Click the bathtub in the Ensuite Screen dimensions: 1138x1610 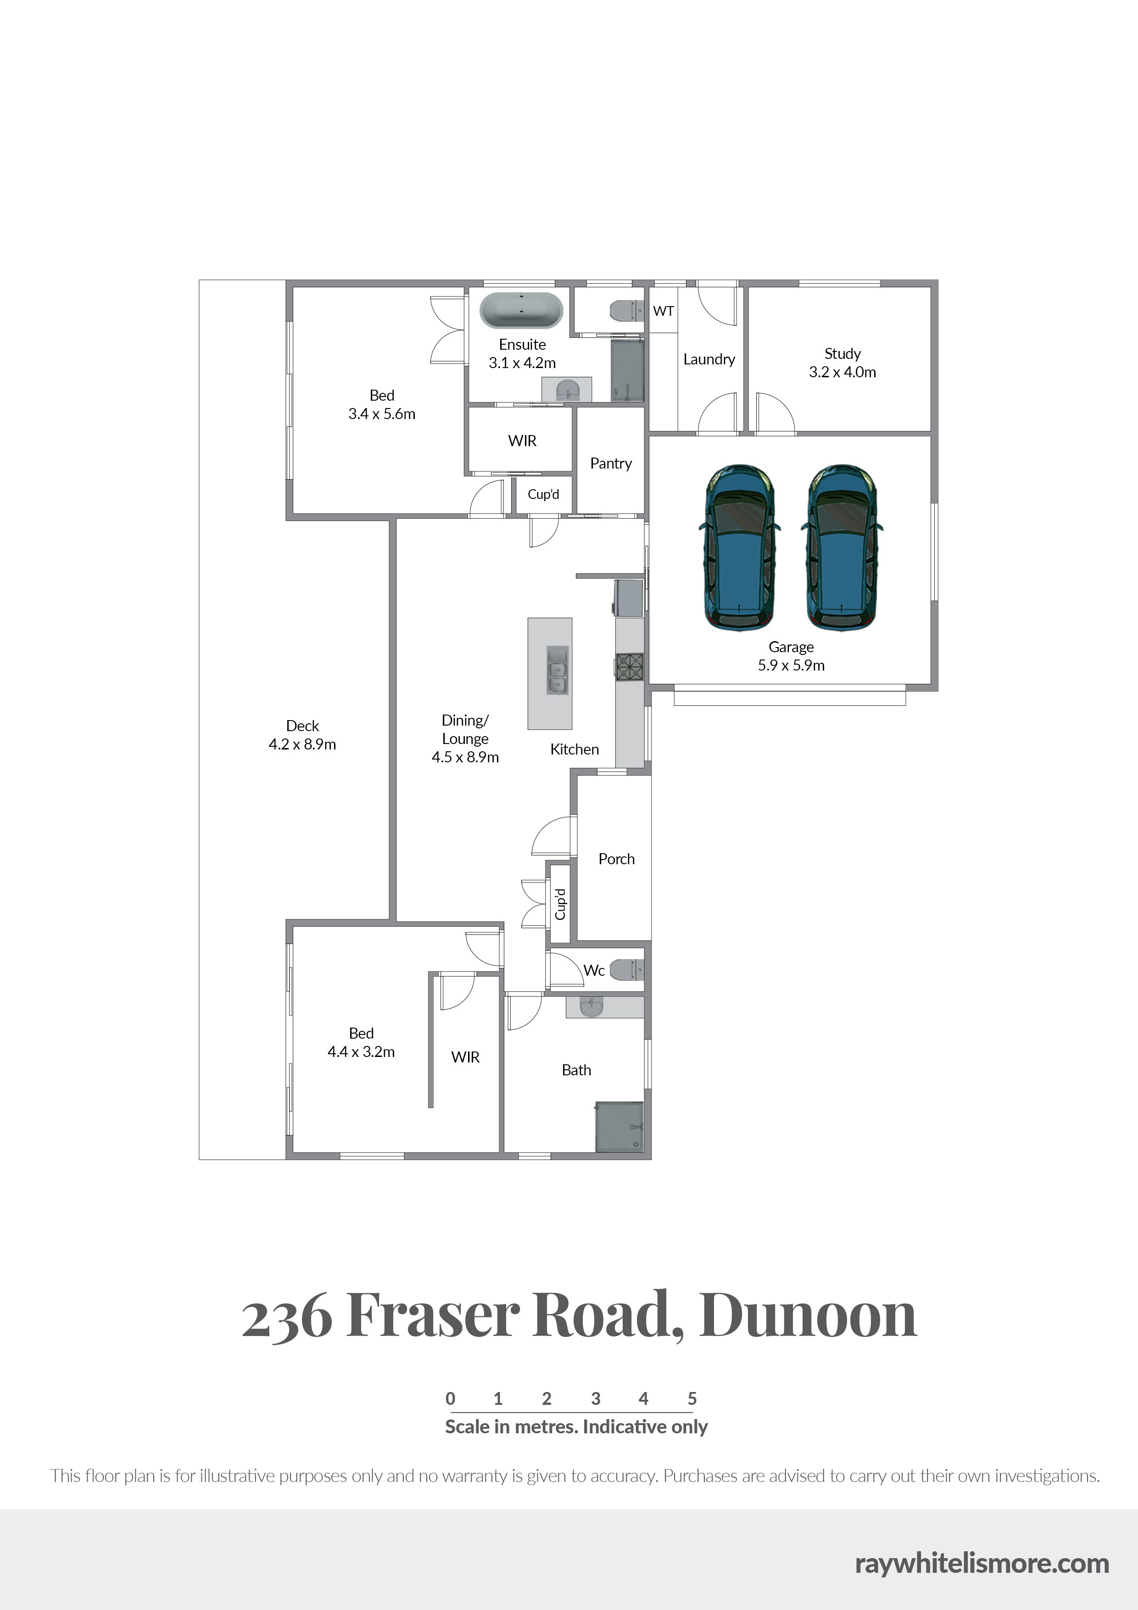point(521,311)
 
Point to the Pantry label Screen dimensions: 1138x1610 point(611,464)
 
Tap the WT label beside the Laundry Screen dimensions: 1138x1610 point(664,311)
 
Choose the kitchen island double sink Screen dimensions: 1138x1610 point(558,671)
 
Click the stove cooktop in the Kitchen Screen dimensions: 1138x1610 point(629,666)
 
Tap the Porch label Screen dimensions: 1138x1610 point(616,859)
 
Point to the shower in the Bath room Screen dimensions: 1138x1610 point(619,1126)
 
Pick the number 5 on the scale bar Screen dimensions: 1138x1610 point(692,1399)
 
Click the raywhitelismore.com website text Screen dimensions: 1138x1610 point(982,1563)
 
